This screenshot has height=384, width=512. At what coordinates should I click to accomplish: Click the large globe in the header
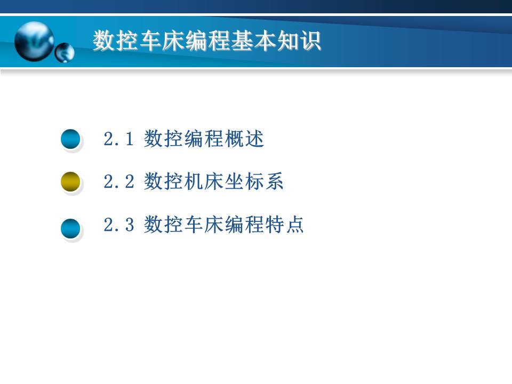34,41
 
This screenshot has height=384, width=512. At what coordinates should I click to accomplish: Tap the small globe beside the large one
65,53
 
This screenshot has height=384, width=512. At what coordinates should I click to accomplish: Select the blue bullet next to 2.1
70,140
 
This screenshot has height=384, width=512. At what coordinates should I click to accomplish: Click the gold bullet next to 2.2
70,182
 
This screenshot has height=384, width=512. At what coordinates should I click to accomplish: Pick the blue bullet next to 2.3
70,229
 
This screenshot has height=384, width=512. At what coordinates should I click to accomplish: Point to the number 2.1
117,140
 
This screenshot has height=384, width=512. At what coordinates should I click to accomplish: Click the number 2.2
117,183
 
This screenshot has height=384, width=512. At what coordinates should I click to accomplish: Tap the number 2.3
117,226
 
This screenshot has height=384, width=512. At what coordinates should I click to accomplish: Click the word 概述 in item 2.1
245,140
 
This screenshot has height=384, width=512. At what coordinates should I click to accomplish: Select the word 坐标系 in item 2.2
254,182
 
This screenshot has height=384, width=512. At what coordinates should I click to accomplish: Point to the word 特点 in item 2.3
284,225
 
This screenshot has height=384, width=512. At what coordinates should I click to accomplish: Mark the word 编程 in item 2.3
244,225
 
